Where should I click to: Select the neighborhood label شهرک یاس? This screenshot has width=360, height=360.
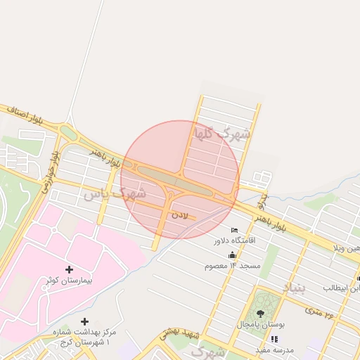coord(114,193)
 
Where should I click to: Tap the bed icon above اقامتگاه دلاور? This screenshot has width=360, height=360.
coord(235,231)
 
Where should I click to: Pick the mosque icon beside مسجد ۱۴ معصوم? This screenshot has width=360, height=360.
coord(233,255)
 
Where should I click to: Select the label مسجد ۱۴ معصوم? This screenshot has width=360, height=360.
coord(233,266)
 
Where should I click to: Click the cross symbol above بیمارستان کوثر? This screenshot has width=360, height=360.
coord(69,269)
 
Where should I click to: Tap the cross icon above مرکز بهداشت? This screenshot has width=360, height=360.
coord(85,321)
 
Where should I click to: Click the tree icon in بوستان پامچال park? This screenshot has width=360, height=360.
coord(261,314)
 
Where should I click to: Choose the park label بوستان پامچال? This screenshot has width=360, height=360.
coord(261,325)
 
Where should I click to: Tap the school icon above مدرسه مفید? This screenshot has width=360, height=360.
coord(274,339)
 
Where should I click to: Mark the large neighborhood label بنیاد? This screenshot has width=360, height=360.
coord(295,288)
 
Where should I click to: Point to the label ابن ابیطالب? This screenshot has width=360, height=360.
coord(342,288)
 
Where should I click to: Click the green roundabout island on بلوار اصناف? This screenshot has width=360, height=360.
coord(68,132)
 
